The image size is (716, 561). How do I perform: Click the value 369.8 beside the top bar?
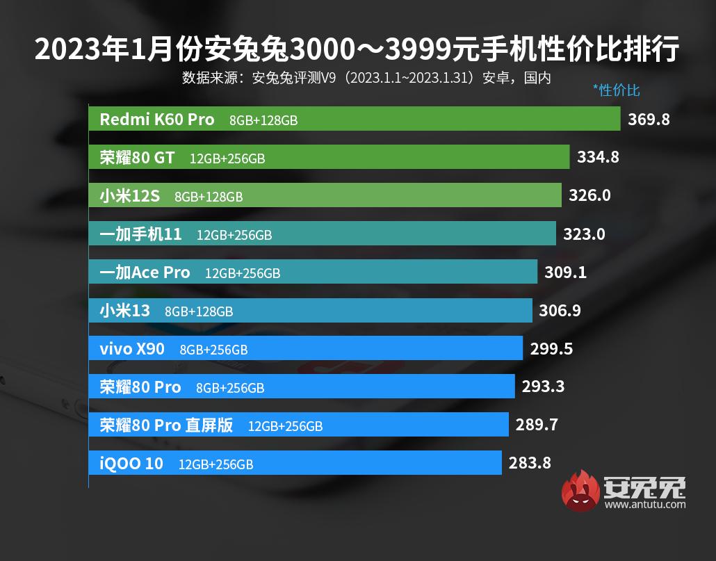649,119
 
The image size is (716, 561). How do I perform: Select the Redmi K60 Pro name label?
157,119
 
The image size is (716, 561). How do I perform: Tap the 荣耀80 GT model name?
137,157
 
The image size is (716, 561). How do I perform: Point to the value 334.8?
598,157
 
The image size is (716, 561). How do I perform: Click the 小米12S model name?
129,196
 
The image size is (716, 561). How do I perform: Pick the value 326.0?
589,195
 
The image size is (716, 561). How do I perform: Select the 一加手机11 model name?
140,234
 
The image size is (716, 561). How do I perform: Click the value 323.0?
584,234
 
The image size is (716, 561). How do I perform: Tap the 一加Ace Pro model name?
145,273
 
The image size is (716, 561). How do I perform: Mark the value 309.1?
565,273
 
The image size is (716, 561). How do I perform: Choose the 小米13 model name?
124,311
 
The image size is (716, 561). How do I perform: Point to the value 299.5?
551,349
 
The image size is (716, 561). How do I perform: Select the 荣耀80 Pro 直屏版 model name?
166,425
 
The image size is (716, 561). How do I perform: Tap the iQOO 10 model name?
131,463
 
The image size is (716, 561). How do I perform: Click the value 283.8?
530,463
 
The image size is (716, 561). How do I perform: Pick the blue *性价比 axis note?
616,90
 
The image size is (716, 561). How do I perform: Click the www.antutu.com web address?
644,504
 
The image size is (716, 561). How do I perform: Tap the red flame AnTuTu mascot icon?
581,489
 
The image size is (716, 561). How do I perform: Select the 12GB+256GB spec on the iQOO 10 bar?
215,464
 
